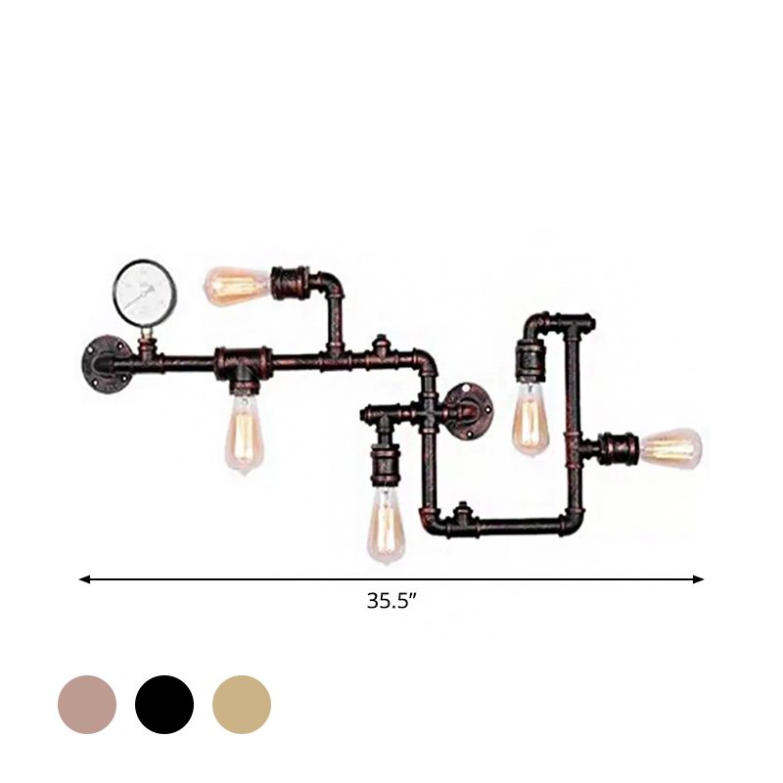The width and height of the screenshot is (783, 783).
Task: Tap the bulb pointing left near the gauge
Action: point(236,285)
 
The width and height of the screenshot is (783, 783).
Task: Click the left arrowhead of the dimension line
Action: point(84,579)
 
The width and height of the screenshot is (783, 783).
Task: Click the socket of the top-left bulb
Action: point(290,283)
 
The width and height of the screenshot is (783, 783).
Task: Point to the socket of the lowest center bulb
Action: point(383,469)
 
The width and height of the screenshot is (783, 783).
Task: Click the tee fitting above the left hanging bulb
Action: point(241,363)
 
